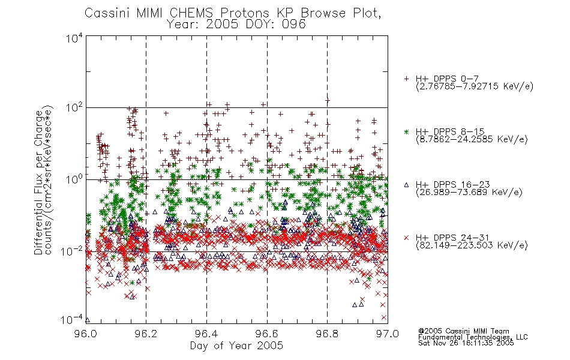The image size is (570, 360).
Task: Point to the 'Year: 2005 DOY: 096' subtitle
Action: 236,25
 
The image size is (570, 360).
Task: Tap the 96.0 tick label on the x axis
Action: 86,334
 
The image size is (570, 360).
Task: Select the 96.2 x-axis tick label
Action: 146,334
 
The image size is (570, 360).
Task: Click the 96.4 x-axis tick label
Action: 207,334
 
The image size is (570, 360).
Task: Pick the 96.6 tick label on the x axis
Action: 267,334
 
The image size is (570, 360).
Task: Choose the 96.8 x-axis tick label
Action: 327,334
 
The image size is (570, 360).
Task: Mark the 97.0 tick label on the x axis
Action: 388,334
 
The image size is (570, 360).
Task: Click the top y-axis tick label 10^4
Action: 74,38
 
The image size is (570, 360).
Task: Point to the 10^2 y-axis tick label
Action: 74,108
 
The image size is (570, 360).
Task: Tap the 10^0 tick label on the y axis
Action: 74,179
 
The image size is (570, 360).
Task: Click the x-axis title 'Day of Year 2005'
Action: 236,346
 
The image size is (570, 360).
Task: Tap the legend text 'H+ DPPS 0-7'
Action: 448,79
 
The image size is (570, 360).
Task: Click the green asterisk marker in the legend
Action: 406,132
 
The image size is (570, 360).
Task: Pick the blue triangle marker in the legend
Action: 406,185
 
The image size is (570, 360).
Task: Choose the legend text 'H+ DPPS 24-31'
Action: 452,238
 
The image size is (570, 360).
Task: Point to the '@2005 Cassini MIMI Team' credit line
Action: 464,331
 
